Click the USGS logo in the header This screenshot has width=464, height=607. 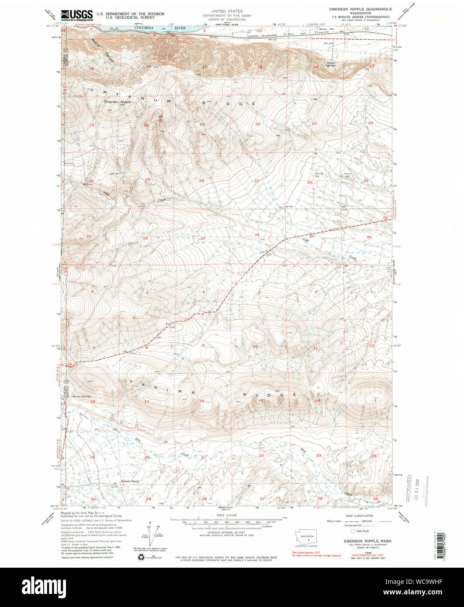77,16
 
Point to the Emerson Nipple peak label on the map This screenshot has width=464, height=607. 118,102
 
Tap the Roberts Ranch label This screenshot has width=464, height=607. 130,481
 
